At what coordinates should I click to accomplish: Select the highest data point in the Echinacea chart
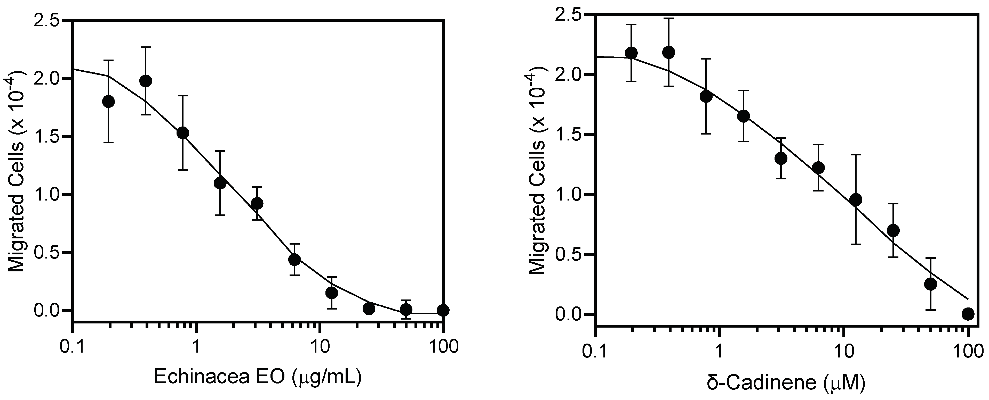(146, 81)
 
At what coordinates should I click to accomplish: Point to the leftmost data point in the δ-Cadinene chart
(631, 53)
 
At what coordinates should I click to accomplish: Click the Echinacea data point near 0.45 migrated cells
(294, 260)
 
